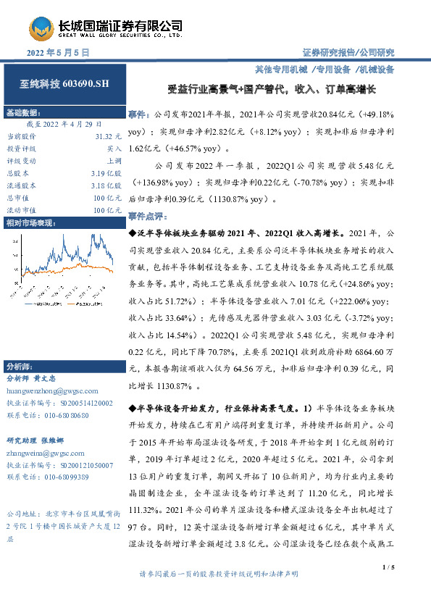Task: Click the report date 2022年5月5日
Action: tap(58, 53)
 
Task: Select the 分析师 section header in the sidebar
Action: tap(18, 365)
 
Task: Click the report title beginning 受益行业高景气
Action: tap(268, 91)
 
